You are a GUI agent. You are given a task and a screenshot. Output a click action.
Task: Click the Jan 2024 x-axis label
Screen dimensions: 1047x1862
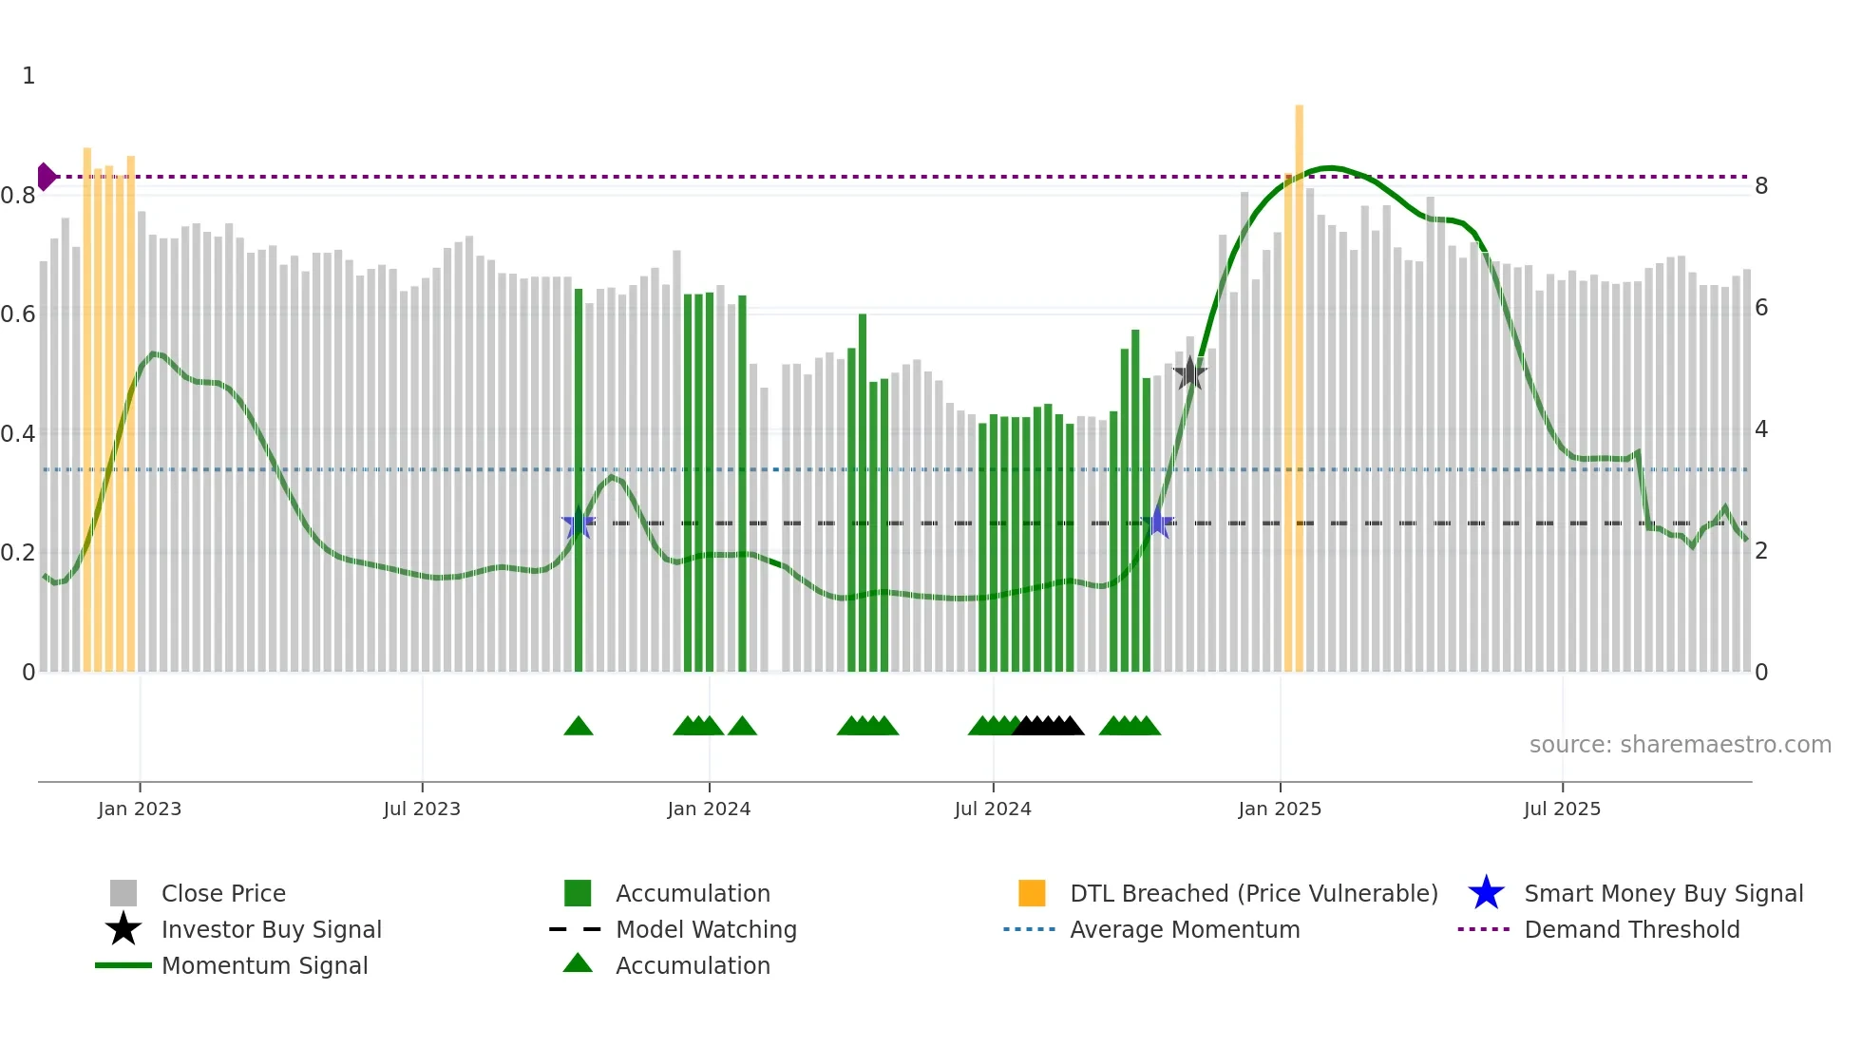click(709, 809)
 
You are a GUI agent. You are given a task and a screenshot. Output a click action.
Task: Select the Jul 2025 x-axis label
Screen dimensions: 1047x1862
click(1562, 809)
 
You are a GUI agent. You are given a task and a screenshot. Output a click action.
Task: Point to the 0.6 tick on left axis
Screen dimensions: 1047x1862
click(18, 314)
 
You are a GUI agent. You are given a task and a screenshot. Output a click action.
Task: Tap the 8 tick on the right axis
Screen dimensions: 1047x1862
click(1761, 186)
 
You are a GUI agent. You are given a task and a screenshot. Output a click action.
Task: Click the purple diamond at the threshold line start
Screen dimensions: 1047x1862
click(46, 177)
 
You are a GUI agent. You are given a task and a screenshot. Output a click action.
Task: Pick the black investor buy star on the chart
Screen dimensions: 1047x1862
click(1189, 373)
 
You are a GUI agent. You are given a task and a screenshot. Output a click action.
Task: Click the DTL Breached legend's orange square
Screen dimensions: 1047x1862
click(1032, 893)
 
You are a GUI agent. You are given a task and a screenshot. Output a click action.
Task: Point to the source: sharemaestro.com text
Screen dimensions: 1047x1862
click(1680, 744)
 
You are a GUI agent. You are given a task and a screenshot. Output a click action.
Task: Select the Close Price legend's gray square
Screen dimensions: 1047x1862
click(123, 893)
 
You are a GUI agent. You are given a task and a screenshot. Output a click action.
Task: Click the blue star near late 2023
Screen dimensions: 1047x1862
click(578, 523)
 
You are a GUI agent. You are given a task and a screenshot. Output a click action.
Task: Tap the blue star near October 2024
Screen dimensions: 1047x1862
click(1158, 523)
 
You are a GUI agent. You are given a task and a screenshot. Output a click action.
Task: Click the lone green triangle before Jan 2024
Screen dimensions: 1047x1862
click(578, 726)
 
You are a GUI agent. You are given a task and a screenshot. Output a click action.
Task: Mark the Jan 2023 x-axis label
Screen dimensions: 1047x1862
click(140, 809)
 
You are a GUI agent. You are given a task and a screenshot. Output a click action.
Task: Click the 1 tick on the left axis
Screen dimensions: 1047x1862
click(28, 75)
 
